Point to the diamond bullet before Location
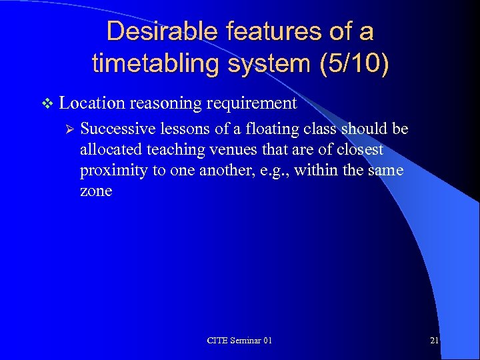pyautogui.click(x=46, y=103)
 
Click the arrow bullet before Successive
pyautogui.click(x=67, y=129)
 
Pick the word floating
pyautogui.click(x=262, y=129)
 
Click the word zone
pyautogui.click(x=96, y=191)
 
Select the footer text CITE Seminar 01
pyautogui.click(x=239, y=341)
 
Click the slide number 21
pyautogui.click(x=434, y=341)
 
